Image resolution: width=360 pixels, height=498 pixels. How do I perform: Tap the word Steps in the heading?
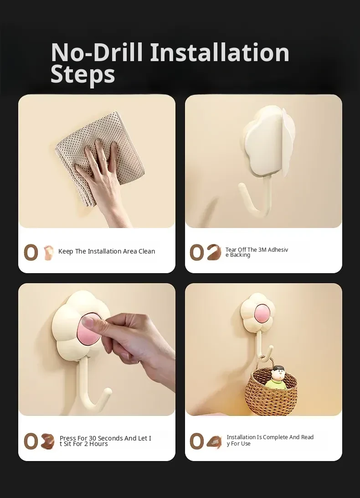82,74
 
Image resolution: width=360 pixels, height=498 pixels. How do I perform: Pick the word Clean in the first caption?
147,251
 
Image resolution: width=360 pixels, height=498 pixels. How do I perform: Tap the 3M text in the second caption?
262,249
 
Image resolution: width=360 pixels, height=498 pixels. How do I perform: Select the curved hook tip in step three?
108,392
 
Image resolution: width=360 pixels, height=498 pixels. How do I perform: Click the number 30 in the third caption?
93,438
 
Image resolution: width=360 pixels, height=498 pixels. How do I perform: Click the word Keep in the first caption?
66,251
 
